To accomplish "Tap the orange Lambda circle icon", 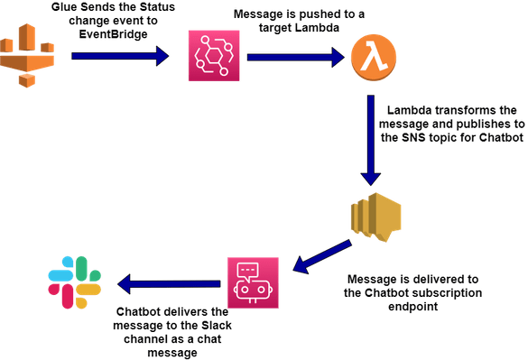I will pyautogui.click(x=372, y=59).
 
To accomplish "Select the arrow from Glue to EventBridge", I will pyautogui.click(x=119, y=57).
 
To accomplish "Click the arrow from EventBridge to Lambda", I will pyautogui.click(x=295, y=57).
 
